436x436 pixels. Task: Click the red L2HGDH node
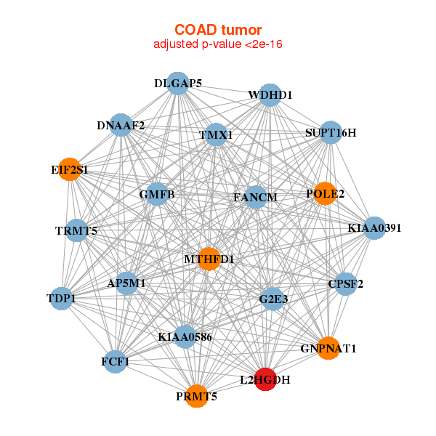click(x=266, y=379)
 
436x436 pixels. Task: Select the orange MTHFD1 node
click(x=209, y=259)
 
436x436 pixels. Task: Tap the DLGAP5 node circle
click(x=178, y=84)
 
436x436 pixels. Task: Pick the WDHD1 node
click(x=270, y=95)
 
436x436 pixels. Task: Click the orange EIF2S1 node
click(x=70, y=169)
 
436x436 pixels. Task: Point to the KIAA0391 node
click(x=374, y=228)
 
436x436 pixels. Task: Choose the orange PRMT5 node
click(x=197, y=396)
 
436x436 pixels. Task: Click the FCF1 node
click(x=115, y=361)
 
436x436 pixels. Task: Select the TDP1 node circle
click(x=62, y=299)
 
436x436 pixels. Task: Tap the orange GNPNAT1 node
click(x=328, y=348)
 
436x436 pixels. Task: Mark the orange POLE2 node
click(x=325, y=193)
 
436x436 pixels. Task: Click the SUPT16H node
click(x=331, y=133)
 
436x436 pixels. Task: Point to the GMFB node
click(x=157, y=194)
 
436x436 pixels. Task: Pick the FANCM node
click(x=255, y=197)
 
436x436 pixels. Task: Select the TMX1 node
click(x=216, y=135)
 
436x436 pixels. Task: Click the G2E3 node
click(x=273, y=299)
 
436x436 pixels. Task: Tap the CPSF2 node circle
click(x=345, y=284)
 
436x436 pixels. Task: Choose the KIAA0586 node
click(x=185, y=336)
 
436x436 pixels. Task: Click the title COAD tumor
click(x=218, y=30)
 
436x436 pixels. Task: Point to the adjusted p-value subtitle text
click(x=218, y=44)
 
